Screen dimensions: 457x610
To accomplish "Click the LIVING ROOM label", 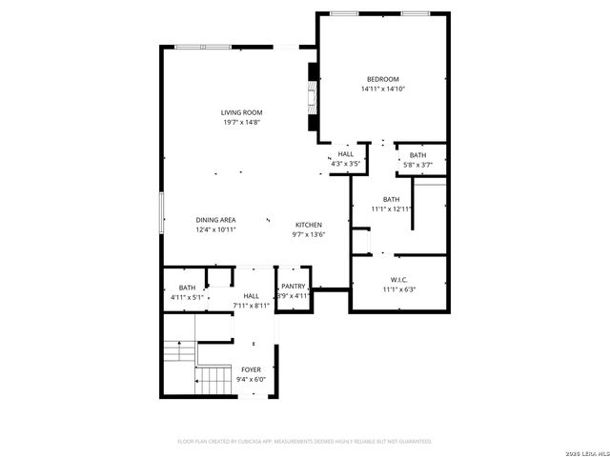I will pos(241,112).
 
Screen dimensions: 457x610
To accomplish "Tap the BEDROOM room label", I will pos(382,79).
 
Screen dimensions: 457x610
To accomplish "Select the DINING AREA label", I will pos(216,219).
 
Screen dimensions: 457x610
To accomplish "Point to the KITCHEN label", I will pos(308,225).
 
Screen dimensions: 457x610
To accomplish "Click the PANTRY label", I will pos(294,287).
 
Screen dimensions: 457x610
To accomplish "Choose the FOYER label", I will pos(251,369).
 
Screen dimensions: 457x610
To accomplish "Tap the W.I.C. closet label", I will pos(399,280).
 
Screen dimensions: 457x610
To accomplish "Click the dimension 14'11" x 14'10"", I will pos(382,89).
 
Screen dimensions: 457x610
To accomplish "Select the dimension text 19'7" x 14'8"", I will pos(241,122).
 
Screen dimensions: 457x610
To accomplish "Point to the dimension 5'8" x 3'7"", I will pos(418,165).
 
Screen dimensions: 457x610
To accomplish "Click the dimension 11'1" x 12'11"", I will pos(392,209).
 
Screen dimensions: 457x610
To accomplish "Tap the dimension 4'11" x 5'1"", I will pos(187,297).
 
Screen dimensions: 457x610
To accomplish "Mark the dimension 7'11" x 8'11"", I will pos(251,306).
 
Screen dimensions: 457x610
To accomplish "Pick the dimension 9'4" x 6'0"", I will pos(251,380).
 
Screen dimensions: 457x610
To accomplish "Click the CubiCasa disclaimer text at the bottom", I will pos(305,441).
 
